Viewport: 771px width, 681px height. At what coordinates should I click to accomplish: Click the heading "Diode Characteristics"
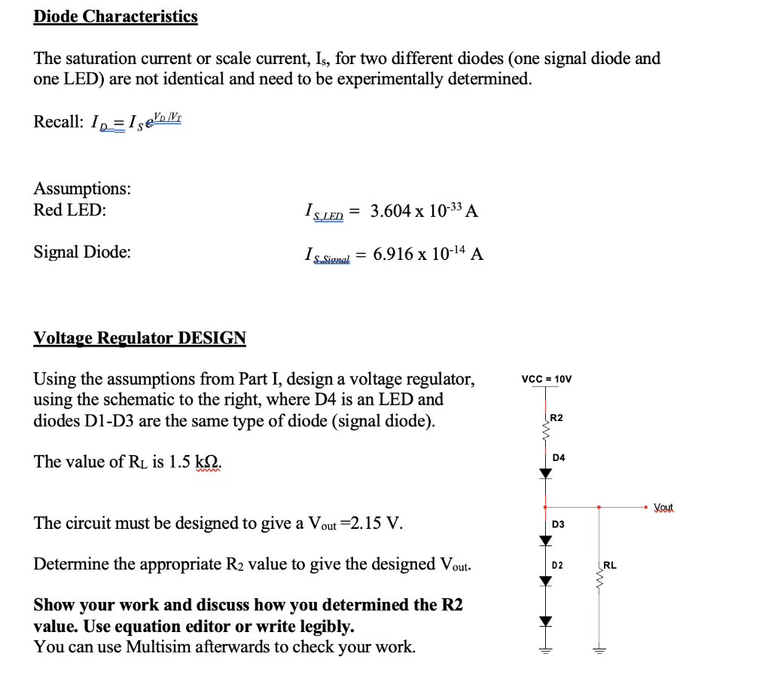point(115,17)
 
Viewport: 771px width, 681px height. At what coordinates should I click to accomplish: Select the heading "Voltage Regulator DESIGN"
point(139,337)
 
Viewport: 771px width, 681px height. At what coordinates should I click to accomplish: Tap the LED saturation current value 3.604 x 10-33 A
point(424,212)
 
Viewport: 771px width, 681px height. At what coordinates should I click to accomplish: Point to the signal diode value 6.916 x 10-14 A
point(428,255)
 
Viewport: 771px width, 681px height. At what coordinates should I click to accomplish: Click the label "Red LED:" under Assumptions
point(70,210)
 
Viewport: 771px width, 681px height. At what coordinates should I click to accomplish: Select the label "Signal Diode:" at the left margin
point(81,252)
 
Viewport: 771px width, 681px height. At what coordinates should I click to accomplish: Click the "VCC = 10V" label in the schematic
point(546,379)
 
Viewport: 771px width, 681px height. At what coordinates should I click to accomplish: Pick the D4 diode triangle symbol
point(545,472)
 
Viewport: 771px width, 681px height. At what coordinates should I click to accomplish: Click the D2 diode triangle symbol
point(545,580)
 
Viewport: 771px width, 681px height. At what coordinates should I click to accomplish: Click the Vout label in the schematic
point(664,508)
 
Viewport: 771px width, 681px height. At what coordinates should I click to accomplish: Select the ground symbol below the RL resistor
point(599,650)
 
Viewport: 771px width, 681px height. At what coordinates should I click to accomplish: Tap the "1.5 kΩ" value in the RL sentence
point(192,462)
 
